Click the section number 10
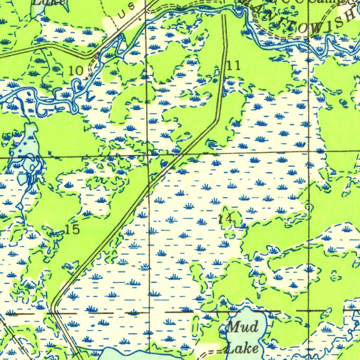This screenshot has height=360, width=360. coord(76,71)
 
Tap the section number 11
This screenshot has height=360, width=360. coord(234,65)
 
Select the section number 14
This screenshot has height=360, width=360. coord(225,220)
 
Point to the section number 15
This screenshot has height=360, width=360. coord(72,230)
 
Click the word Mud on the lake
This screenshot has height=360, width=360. coord(242,327)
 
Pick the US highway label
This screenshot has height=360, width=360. coord(126,11)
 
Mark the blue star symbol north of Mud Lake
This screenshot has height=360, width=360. coord(223,302)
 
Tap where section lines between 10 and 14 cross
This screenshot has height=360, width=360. coord(148,155)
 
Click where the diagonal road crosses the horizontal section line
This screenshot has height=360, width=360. coord(183,154)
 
